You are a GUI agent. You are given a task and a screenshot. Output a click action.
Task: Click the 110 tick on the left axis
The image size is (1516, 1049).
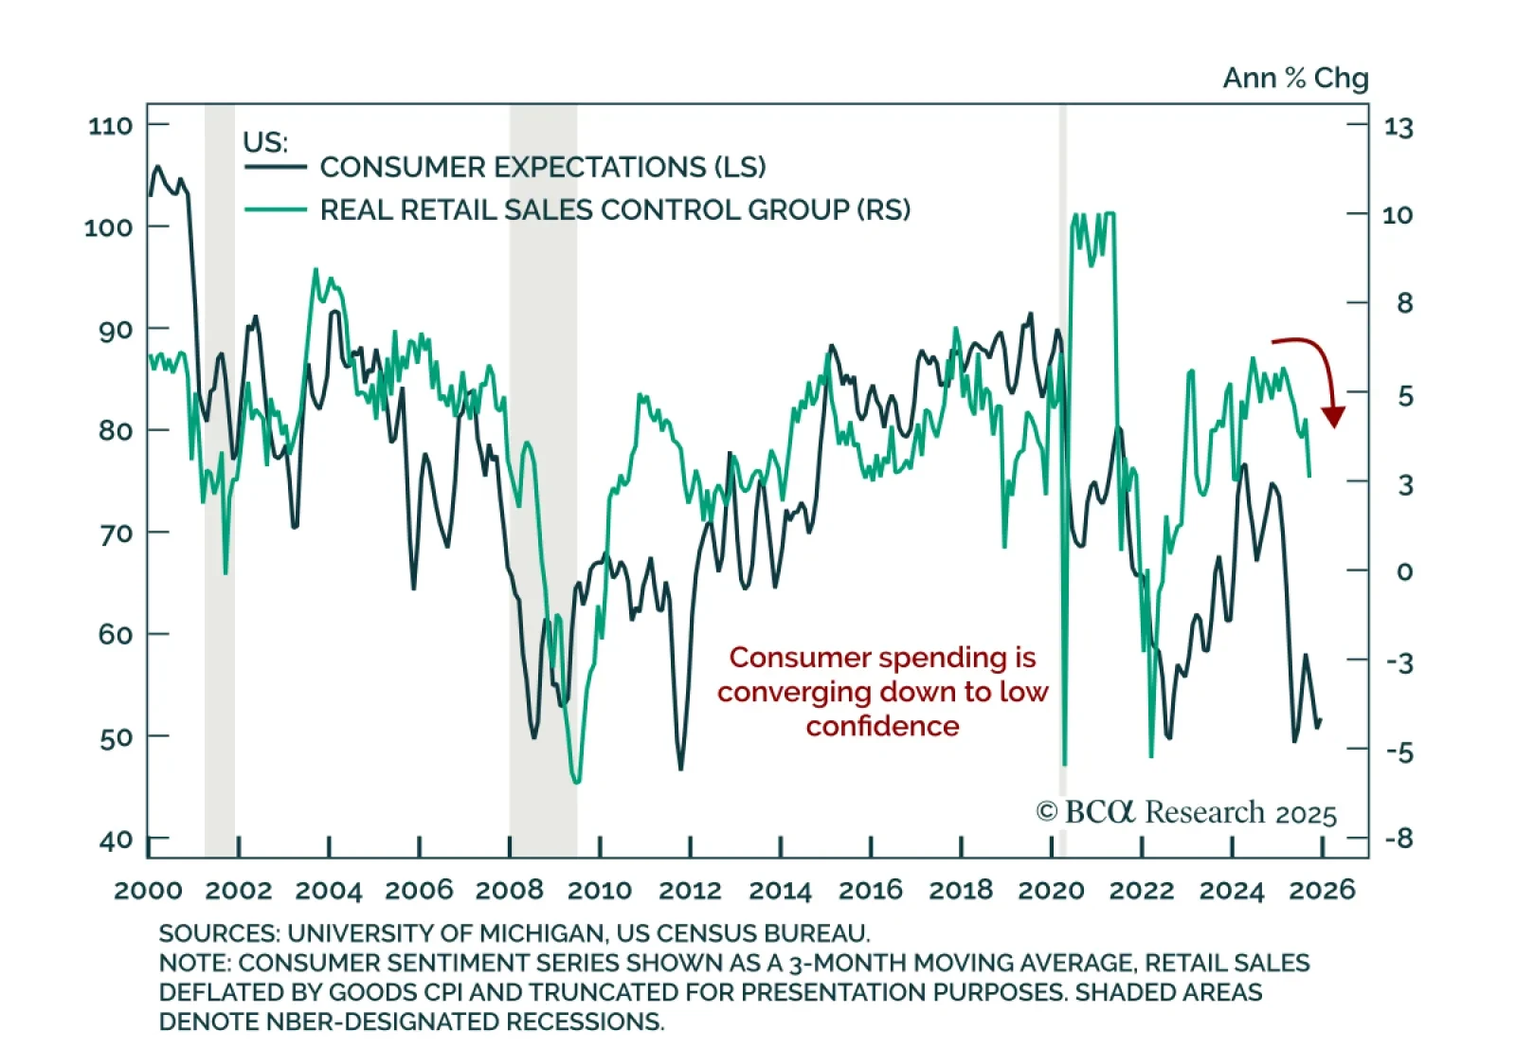(x=111, y=126)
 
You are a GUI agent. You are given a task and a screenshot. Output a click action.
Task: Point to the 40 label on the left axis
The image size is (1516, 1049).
(x=116, y=841)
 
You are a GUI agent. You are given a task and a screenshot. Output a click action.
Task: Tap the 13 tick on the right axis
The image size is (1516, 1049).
(x=1398, y=127)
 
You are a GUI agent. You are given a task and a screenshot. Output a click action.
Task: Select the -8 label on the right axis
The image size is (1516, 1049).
(x=1399, y=839)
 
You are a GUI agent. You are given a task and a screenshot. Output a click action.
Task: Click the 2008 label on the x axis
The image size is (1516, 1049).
(x=509, y=891)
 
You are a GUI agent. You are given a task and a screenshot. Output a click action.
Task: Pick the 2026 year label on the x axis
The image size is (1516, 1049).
(x=1323, y=890)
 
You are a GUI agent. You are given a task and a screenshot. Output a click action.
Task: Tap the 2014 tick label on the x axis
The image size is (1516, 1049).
(x=780, y=891)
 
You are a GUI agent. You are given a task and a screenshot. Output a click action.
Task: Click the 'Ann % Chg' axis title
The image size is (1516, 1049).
(x=1295, y=78)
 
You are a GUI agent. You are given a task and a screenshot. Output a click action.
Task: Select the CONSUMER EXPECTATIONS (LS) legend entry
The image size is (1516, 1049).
(x=542, y=168)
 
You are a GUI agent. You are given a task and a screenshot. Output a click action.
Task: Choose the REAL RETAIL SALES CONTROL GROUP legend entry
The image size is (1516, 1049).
(x=614, y=209)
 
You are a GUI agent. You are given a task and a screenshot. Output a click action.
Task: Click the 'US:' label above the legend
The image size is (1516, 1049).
(x=264, y=142)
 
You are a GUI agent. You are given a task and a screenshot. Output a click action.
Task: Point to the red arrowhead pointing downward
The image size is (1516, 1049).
(x=1333, y=417)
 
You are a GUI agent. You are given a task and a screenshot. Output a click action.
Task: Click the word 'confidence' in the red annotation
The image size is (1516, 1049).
(x=882, y=726)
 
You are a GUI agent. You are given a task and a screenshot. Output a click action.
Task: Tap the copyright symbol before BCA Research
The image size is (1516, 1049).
(x=1046, y=812)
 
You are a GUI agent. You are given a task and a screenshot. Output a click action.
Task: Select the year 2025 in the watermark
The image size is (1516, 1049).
(x=1306, y=815)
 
